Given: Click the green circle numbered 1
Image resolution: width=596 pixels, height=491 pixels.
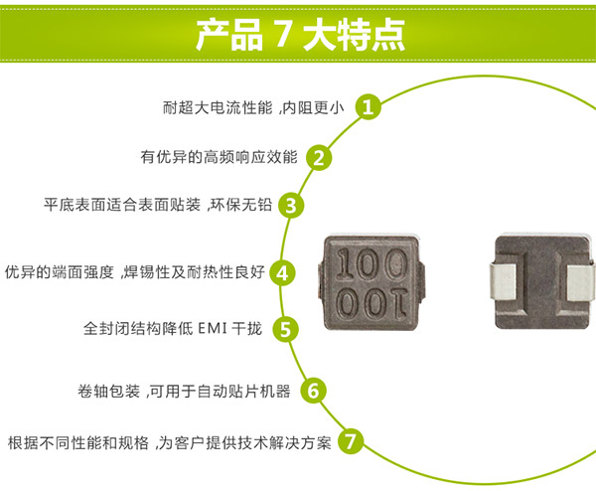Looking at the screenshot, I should click(x=370, y=106).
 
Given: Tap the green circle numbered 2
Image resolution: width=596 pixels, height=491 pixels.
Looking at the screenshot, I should click(x=319, y=157).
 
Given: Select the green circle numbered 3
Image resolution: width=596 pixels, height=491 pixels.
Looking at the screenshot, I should click(x=289, y=206).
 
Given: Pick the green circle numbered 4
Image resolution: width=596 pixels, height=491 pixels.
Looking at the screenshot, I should click(x=283, y=272).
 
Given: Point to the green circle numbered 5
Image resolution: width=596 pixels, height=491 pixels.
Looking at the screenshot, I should click(x=285, y=329).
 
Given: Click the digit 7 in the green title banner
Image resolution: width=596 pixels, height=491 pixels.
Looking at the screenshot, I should click(x=281, y=34).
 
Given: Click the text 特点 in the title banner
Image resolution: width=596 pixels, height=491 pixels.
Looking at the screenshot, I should click(x=371, y=34).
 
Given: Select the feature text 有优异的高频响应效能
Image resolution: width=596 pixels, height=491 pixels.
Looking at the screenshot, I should click(x=218, y=157).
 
